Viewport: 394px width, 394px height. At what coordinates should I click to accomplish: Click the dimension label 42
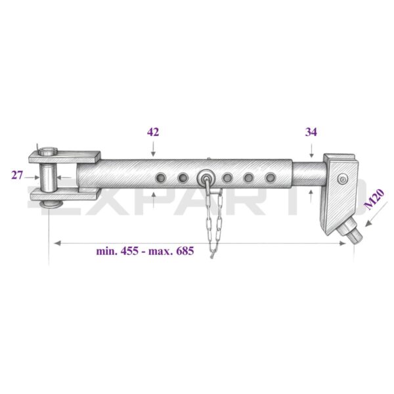pyautogui.click(x=153, y=132)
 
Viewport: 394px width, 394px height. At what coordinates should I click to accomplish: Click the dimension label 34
pyautogui.click(x=311, y=132)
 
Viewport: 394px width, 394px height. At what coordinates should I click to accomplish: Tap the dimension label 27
pyautogui.click(x=17, y=175)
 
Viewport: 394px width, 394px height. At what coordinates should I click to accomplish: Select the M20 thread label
pyautogui.click(x=374, y=199)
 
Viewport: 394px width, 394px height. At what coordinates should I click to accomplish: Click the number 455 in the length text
pyautogui.click(x=129, y=251)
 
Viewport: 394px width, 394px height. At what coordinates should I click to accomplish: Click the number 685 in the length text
pyautogui.click(x=185, y=251)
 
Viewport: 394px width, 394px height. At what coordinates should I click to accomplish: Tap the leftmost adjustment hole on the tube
pyautogui.click(x=161, y=178)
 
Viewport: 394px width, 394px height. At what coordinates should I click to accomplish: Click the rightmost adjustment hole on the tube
pyautogui.click(x=271, y=178)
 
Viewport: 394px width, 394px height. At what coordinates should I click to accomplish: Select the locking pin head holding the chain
pyautogui.click(x=206, y=177)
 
